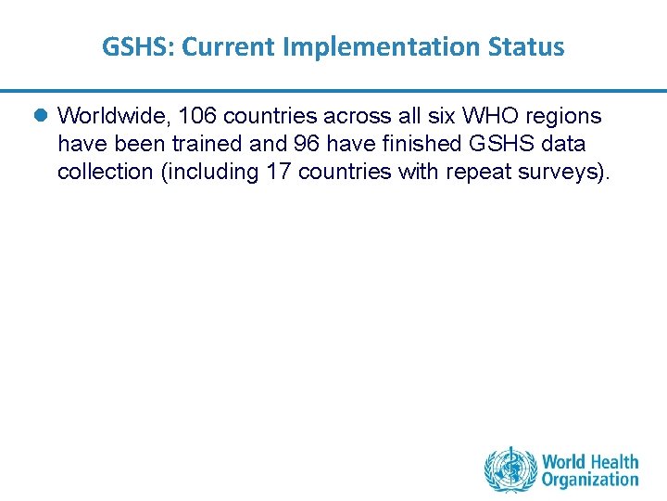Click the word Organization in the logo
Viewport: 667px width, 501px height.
590,480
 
